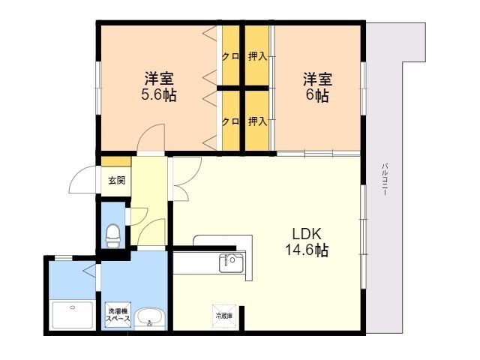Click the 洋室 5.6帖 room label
pos(159,87)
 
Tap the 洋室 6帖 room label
pos(317,87)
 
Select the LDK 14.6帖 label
pos(307,241)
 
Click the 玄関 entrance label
pos(117,180)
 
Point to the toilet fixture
pos(112,235)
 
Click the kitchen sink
pos(232,263)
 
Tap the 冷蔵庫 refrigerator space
pos(224,316)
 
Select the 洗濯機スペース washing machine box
pos(118,315)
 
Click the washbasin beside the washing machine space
pos(150,318)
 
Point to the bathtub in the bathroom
pos(73,315)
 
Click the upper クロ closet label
pos(230,57)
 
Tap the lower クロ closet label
pos(230,121)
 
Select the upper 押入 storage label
pos(257,56)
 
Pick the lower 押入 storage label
pos(257,121)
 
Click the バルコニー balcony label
pos(385,180)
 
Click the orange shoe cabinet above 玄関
pos(116,162)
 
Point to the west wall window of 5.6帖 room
pos(98,88)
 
